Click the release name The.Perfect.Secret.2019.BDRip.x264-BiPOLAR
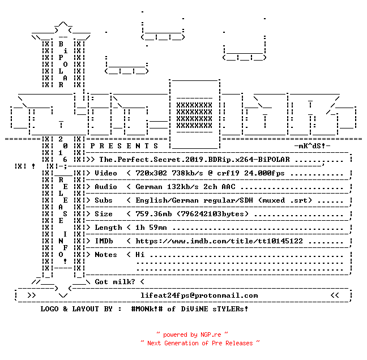(x=194, y=160)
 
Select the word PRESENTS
(x=124, y=146)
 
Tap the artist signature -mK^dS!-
(x=312, y=146)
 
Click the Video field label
(x=106, y=173)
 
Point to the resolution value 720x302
(x=151, y=173)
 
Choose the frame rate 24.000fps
(x=264, y=173)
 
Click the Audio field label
(x=106, y=187)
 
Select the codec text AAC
(x=228, y=187)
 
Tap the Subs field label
(x=104, y=200)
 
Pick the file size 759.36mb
(x=153, y=214)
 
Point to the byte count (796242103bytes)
(x=212, y=214)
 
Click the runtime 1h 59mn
(x=151, y=228)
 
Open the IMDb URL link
(x=219, y=241)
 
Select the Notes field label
(x=106, y=255)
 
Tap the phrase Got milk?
(x=115, y=282)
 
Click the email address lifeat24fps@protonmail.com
(x=199, y=295)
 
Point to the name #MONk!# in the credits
(x=147, y=309)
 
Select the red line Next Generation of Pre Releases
(x=200, y=343)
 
